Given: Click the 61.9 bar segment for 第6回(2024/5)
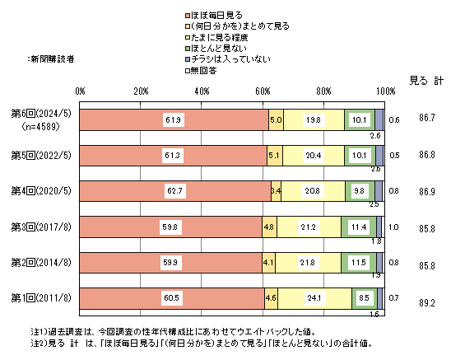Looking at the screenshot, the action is coord(174,120).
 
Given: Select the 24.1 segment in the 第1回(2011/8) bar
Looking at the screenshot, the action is coord(314,298).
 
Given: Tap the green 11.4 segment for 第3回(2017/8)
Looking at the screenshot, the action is coord(359,227).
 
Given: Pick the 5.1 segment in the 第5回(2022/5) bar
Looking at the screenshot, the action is coord(275,156).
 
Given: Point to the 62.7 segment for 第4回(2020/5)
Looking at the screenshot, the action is coord(175,191).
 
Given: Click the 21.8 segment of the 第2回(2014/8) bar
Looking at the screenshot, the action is coord(308,263).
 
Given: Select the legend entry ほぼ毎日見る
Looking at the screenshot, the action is coord(214,16).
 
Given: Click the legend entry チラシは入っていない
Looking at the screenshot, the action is coord(228,59).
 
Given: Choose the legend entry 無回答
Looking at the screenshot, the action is coord(201,71).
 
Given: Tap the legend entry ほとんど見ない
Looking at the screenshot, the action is coord(216,49).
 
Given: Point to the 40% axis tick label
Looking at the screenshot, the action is coord(202,91).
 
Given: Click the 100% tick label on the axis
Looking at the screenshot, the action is coord(385,91).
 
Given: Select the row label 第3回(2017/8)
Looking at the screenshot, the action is coord(41,227).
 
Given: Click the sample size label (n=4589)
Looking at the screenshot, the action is coord(40,127).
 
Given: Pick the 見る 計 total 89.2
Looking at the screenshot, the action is coord(427,302).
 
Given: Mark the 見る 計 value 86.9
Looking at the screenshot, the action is coord(427,192).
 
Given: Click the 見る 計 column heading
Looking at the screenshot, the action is coord(426,81).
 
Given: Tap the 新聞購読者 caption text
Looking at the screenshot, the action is coord(51,59).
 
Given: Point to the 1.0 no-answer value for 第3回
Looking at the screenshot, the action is coord(393,227).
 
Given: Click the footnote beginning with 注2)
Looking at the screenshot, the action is coord(202,344).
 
